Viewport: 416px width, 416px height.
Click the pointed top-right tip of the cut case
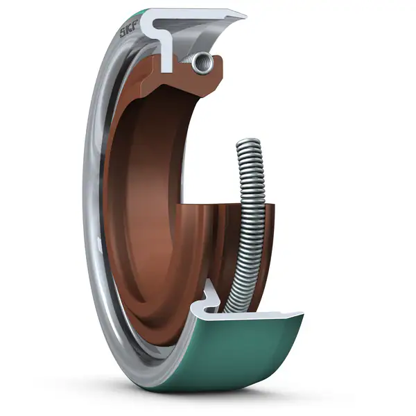244,15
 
